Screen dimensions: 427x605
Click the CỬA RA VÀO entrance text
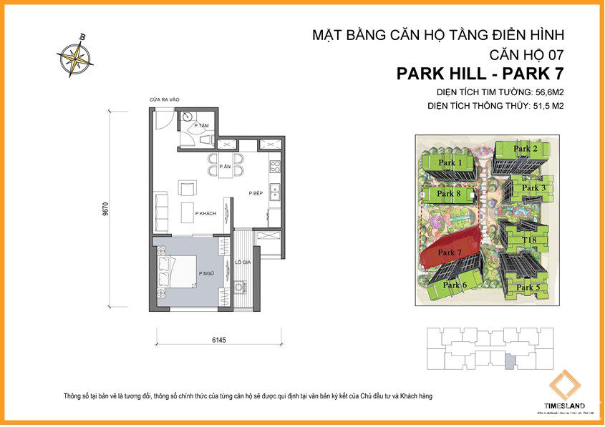point(164,100)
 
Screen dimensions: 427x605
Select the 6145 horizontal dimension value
point(219,340)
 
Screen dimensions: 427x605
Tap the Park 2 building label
point(526,149)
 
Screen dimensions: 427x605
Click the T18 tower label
point(529,240)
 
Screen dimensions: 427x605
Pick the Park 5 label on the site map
point(528,288)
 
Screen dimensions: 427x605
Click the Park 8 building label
point(449,194)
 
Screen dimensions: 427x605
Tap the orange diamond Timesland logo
point(563,387)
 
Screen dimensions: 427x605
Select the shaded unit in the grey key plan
point(509,362)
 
